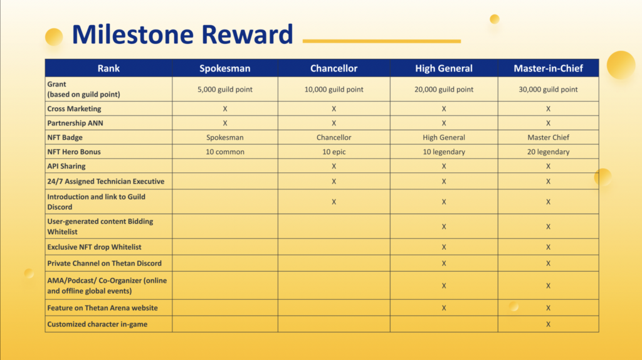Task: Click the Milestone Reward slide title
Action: (x=182, y=34)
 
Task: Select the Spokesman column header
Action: (x=225, y=68)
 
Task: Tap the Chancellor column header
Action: (x=334, y=68)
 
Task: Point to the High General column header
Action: (x=444, y=68)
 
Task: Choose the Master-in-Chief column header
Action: (x=548, y=68)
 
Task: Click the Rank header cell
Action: (x=108, y=68)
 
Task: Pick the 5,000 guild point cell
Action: (x=225, y=89)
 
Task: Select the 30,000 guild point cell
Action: (x=548, y=89)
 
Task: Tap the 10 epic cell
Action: (x=334, y=152)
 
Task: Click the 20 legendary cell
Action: (x=548, y=152)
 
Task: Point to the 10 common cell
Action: (x=225, y=152)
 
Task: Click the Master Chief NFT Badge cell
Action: (x=548, y=137)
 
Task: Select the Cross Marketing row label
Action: (x=74, y=109)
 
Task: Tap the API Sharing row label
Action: (x=66, y=166)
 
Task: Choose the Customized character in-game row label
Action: (x=97, y=324)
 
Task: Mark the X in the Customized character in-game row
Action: (x=548, y=324)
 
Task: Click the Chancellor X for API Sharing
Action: (x=334, y=166)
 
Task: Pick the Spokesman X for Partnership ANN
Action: (x=225, y=124)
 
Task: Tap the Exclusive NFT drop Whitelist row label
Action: (x=94, y=247)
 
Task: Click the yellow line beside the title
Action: (x=382, y=41)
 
